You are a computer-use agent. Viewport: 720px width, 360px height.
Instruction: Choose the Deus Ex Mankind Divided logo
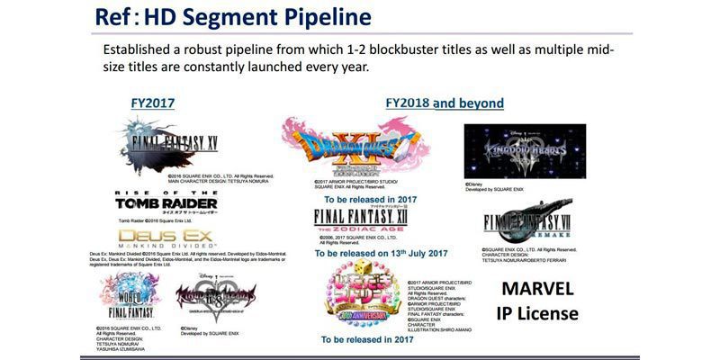tap(166, 238)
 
